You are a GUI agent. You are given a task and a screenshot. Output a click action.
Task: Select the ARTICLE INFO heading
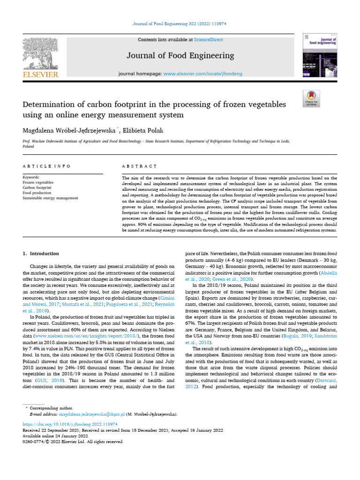pyautogui.click(x=47, y=166)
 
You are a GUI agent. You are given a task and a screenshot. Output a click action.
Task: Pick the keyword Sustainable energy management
pyautogui.click(x=50, y=198)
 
